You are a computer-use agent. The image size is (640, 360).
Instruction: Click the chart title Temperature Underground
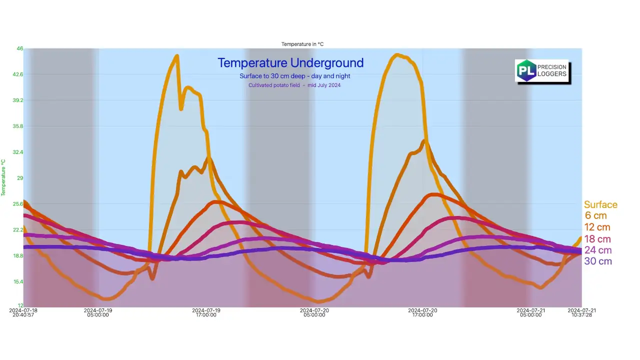290,63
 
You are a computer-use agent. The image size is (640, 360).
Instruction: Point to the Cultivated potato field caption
294,85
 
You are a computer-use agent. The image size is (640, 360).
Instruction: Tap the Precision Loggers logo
542,71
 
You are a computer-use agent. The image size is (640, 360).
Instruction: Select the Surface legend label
600,204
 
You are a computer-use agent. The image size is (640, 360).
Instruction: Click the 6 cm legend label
595,215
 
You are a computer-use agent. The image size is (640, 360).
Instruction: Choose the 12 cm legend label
597,227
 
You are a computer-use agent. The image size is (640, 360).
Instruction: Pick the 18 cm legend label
597,239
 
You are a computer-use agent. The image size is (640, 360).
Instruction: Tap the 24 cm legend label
597,250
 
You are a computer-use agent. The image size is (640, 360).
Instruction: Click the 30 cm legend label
598,261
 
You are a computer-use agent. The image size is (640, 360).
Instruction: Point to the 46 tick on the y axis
20,48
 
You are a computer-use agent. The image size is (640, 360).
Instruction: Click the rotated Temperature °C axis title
3,177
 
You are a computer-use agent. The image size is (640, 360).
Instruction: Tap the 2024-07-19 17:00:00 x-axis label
206,312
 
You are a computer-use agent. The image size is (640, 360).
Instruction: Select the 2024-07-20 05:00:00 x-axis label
314,312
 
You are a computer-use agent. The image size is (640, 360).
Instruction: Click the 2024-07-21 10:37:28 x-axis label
581,312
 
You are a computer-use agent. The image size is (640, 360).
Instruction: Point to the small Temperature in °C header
302,44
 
